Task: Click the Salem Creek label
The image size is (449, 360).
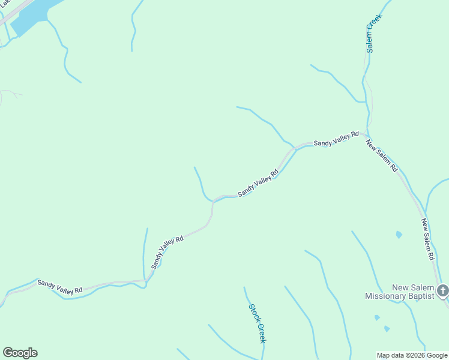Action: pyautogui.click(x=371, y=34)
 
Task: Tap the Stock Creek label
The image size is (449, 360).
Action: pyautogui.click(x=258, y=323)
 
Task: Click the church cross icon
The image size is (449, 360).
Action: pyautogui.click(x=443, y=291)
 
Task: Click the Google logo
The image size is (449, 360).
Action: pyautogui.click(x=20, y=353)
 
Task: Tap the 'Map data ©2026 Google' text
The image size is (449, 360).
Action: pyautogui.click(x=412, y=355)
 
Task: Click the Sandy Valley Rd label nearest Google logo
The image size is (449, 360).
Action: pyautogui.click(x=59, y=287)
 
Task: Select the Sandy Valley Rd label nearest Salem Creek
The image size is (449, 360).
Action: pyautogui.click(x=336, y=139)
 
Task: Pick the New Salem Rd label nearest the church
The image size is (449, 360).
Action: pyautogui.click(x=427, y=239)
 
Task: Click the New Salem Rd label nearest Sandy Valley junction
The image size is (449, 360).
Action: pyautogui.click(x=382, y=156)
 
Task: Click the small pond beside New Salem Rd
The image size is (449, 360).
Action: pyautogui.click(x=399, y=235)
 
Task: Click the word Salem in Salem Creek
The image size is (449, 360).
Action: pyautogui.click(x=370, y=41)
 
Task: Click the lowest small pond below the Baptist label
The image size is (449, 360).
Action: pyautogui.click(x=387, y=329)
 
